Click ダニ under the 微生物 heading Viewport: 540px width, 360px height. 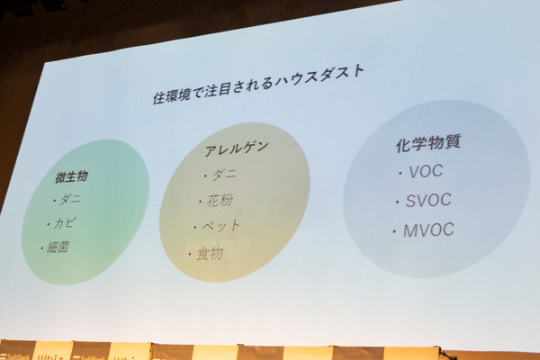tap(70, 201)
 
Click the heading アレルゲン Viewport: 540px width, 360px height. tap(237, 147)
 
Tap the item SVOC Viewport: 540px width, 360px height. tap(427, 200)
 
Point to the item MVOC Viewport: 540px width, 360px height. tap(427, 230)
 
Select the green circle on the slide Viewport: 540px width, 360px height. tap(85, 211)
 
